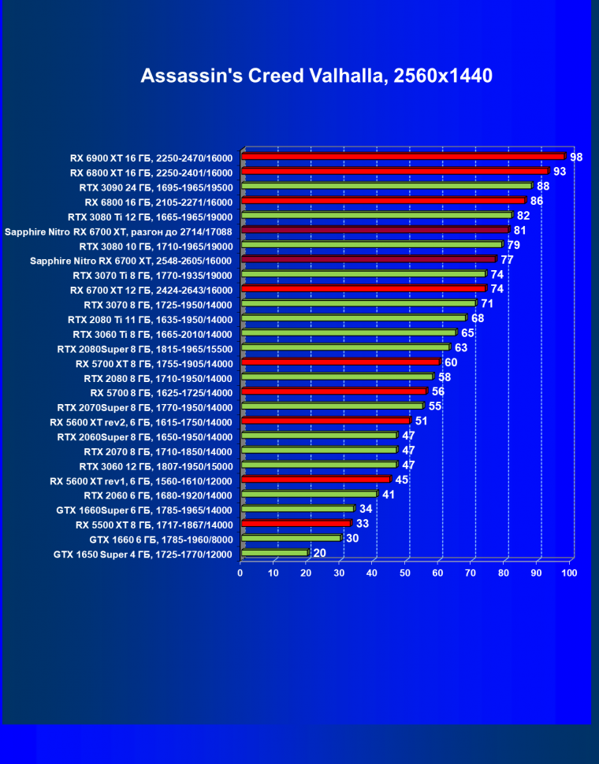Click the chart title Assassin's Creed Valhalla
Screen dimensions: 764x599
(316, 76)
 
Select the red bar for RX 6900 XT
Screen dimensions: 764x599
(403, 157)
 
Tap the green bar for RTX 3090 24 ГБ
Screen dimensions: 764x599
(386, 186)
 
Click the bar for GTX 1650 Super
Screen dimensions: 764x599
(274, 553)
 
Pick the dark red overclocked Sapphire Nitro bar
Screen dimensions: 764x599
(375, 230)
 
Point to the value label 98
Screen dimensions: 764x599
(576, 158)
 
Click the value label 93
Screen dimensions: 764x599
(560, 172)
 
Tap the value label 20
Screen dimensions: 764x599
(319, 553)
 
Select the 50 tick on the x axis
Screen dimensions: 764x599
(405, 573)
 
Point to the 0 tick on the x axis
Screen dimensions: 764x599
(240, 573)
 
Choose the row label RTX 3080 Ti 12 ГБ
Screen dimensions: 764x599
(150, 217)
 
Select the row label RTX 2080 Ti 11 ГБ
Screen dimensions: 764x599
(150, 319)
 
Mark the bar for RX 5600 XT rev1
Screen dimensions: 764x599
(315, 480)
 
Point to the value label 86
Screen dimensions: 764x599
(537, 201)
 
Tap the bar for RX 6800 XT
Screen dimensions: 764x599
(394, 171)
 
